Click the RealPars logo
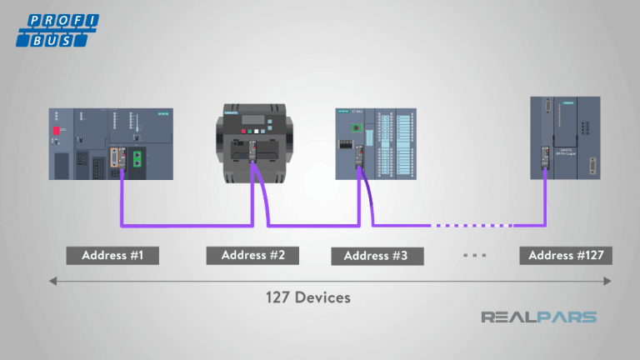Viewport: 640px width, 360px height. click(x=538, y=317)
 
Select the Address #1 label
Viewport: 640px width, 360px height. click(x=112, y=255)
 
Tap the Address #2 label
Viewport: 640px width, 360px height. click(x=252, y=255)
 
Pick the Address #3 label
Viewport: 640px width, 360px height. click(x=376, y=255)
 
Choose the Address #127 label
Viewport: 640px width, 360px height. click(x=566, y=255)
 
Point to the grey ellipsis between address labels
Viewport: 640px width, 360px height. click(x=473, y=255)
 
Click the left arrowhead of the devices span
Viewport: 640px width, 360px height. click(x=53, y=282)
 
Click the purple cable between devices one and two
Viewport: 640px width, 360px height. click(x=183, y=225)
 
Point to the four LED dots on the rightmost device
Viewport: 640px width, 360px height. click(x=588, y=125)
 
